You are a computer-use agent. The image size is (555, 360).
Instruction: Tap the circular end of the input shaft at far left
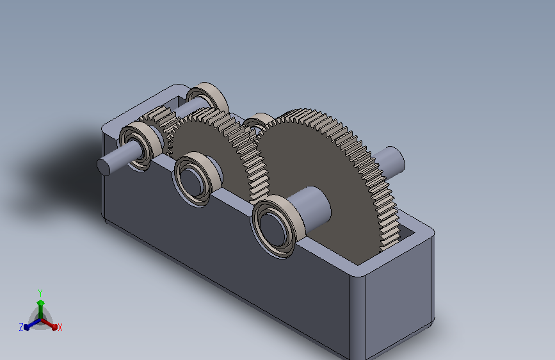[103, 167]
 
